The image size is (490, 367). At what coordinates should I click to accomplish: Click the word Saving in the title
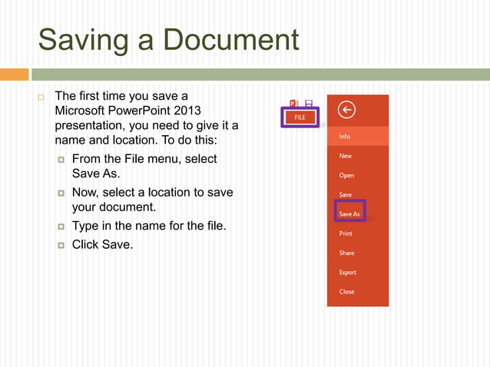click(x=82, y=40)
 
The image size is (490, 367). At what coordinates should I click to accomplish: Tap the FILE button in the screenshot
click(x=300, y=117)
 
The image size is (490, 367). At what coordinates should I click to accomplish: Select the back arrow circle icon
click(x=346, y=111)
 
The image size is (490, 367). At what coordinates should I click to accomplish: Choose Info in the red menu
click(x=345, y=137)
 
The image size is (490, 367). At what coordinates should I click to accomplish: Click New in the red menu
click(x=346, y=156)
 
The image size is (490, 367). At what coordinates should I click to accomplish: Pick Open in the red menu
click(x=346, y=175)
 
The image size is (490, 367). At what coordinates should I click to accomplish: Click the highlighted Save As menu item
click(x=349, y=213)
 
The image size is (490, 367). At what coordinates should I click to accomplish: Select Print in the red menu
click(x=346, y=233)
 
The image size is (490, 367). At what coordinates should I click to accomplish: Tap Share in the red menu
click(x=346, y=253)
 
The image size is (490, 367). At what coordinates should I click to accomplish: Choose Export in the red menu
click(x=347, y=272)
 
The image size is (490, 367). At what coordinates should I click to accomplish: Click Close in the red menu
click(x=346, y=292)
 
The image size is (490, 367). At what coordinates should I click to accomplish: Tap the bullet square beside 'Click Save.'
click(x=61, y=245)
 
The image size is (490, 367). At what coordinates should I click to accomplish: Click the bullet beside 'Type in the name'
click(x=61, y=227)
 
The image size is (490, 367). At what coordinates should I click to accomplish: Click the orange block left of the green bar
click(x=14, y=74)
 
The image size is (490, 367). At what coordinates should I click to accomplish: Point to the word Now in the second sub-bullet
click(x=85, y=192)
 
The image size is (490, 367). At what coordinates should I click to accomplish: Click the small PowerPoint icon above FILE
click(x=293, y=104)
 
